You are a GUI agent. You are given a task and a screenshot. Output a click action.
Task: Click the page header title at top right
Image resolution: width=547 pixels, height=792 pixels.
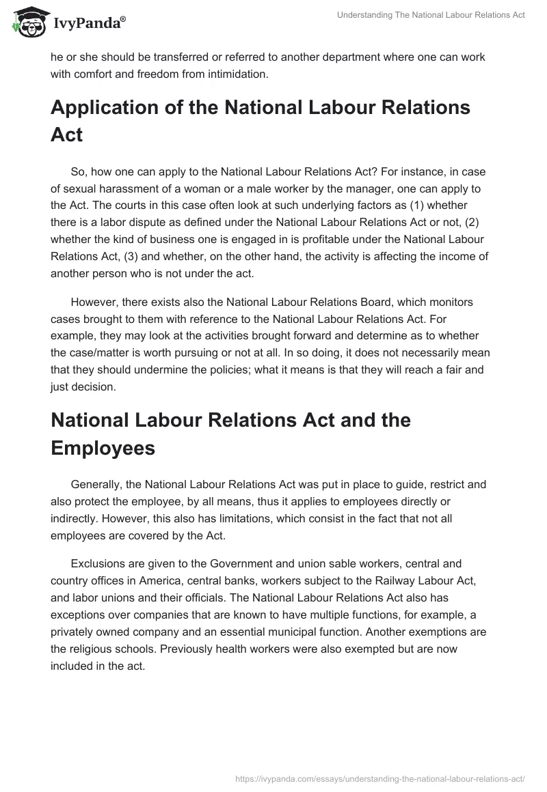(431, 15)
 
